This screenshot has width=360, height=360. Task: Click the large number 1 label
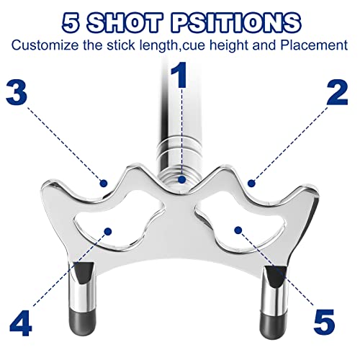[x=179, y=75]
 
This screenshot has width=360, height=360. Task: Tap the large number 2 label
[x=337, y=93]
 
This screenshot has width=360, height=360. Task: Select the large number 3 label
[x=17, y=91]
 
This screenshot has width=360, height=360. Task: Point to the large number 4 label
[x=21, y=323]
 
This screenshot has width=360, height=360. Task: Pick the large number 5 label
[x=324, y=322]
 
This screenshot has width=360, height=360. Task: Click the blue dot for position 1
[x=182, y=179]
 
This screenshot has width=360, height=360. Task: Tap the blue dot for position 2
[x=251, y=184]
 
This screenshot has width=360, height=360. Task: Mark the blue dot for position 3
[x=104, y=184]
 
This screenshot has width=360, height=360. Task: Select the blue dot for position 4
[x=108, y=231]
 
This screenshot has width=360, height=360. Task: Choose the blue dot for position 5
[x=238, y=230]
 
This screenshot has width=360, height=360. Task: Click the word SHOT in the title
[x=125, y=23]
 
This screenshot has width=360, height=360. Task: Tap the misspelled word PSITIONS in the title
[x=235, y=23]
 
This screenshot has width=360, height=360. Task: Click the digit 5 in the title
[x=71, y=23]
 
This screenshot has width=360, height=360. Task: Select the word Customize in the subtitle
[x=45, y=45]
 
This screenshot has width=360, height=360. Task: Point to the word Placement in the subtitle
[x=314, y=45]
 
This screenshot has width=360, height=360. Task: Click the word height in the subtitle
[x=230, y=45]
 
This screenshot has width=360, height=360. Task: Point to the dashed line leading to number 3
[x=64, y=143]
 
